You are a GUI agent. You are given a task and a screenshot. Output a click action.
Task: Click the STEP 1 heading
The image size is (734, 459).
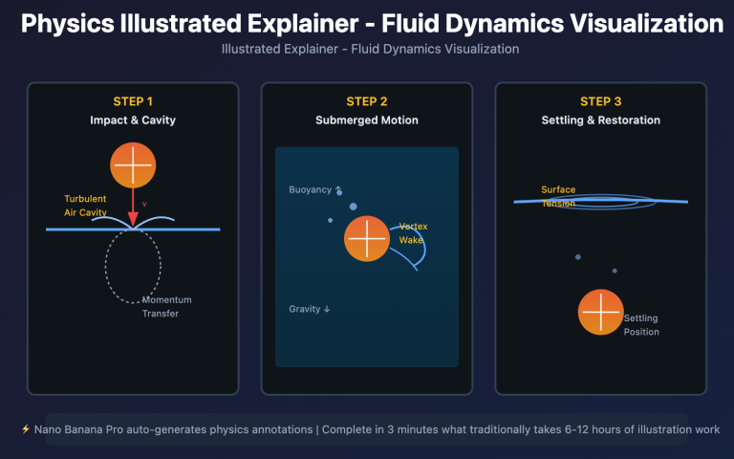point(133,101)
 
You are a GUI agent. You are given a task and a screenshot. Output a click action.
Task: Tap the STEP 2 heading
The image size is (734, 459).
point(367,101)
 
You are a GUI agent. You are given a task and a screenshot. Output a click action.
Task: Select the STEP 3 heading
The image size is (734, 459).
point(600,101)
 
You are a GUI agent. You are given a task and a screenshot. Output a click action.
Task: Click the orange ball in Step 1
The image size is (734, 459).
point(133,164)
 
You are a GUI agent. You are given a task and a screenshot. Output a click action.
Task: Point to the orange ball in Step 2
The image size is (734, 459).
point(367,238)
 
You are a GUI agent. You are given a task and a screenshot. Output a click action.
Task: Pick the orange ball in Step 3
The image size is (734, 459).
point(601,312)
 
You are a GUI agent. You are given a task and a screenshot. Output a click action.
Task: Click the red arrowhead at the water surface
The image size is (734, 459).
point(133,220)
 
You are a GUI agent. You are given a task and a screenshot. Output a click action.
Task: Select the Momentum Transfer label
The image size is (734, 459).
point(161,307)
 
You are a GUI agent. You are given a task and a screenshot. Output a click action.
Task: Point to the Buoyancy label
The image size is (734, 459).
point(309,189)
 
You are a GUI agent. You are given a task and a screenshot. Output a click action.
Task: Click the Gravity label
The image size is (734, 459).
point(310,309)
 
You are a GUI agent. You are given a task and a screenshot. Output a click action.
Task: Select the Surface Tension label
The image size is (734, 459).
point(558,196)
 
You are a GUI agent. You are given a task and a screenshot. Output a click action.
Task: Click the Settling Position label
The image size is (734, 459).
point(641,325)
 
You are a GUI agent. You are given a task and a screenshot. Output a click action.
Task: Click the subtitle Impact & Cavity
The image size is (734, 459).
point(133,120)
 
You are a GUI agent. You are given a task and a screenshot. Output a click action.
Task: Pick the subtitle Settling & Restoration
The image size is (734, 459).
point(600,120)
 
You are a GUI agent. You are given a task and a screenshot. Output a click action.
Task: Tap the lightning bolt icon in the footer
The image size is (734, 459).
point(25,429)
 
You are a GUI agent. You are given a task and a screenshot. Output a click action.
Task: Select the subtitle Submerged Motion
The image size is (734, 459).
point(367,120)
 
